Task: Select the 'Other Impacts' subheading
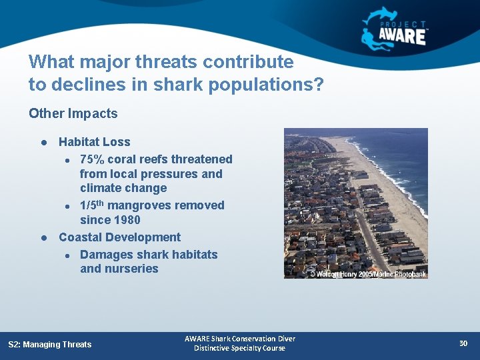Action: [73, 114]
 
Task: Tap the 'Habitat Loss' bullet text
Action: [94, 142]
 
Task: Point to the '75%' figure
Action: [93, 159]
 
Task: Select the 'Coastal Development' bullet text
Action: [119, 237]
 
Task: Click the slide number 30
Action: [463, 343]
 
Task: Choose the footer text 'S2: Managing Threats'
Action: [49, 344]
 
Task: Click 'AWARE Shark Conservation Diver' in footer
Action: [239, 339]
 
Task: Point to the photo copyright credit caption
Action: [367, 274]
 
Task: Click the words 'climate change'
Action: [123, 188]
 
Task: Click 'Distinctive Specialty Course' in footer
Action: [239, 348]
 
